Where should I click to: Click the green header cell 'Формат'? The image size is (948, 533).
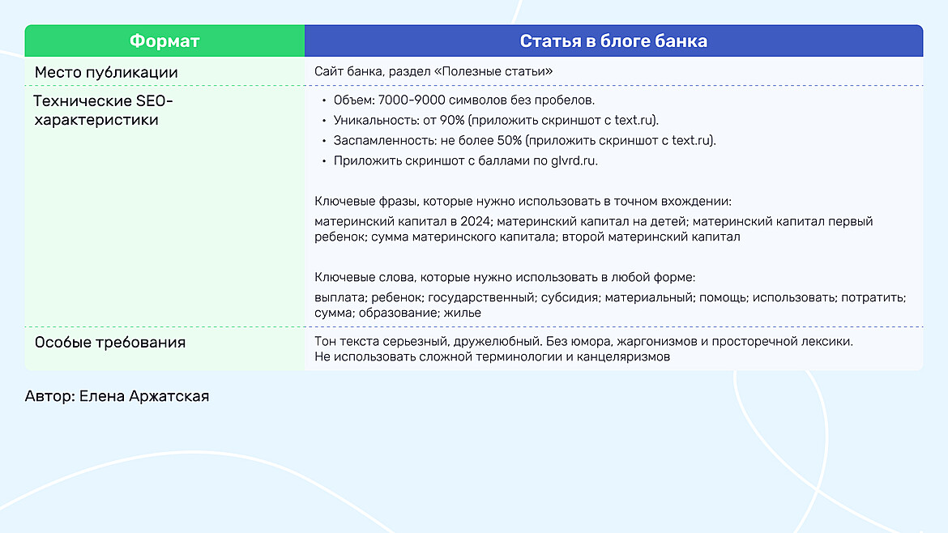click(164, 41)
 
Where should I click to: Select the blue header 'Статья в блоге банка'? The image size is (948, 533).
click(613, 41)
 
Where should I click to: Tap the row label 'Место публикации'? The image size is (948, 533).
click(106, 73)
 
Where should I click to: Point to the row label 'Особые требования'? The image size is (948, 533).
click(110, 343)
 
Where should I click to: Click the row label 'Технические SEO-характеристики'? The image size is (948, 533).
click(104, 110)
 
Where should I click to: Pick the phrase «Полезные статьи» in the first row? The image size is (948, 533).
click(493, 71)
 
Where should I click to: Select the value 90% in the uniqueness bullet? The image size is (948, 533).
click(452, 120)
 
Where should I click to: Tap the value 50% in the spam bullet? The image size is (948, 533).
click(509, 141)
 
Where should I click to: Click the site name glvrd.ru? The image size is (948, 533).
click(574, 161)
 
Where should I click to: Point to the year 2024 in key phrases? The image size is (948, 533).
click(475, 222)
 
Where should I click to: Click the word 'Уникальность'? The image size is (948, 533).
click(376, 121)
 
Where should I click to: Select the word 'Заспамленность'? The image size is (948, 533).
click(385, 141)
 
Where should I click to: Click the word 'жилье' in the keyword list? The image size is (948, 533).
click(463, 313)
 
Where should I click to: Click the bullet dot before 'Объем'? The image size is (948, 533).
click(324, 101)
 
